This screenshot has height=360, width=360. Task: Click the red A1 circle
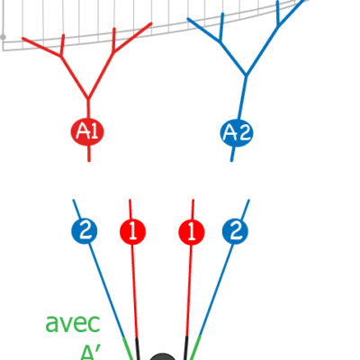87,132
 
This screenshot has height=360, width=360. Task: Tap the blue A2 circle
237,133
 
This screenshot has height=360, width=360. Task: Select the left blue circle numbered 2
85,231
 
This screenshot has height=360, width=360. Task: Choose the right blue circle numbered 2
235,231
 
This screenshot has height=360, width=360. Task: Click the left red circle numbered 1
132,232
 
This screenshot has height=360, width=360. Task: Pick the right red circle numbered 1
192,232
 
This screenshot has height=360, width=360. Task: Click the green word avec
73,323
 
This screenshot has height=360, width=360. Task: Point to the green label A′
90,353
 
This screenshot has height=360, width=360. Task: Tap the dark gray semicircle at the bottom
162,356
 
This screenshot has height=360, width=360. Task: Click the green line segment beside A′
128,348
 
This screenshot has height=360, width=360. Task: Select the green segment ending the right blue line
194,347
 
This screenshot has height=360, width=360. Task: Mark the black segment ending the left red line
138,349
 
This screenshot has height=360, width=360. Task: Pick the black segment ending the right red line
186,348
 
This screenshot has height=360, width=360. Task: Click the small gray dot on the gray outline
3,37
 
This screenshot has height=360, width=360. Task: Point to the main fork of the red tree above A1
88,99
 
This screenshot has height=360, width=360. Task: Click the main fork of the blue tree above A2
247,75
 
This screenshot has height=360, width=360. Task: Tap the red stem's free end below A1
89,161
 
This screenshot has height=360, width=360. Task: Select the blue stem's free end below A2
231,160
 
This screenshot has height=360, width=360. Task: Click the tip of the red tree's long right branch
151,23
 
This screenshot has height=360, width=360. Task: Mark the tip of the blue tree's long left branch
188,19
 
